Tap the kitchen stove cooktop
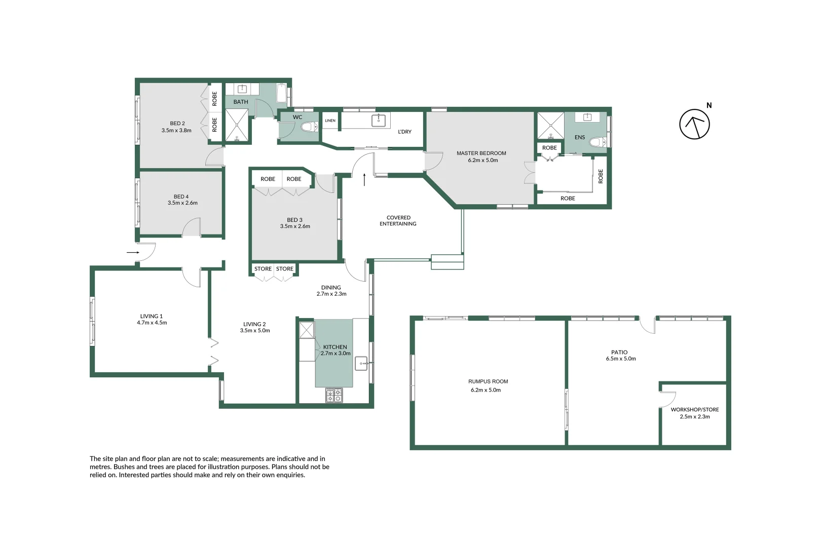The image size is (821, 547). tap(334, 395)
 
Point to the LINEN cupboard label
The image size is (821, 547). tap(330, 121)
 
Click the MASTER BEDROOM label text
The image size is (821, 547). tap(481, 153)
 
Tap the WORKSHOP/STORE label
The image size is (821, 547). tap(694, 409)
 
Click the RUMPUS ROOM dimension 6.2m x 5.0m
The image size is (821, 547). tap(486, 390)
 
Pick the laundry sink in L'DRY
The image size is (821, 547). tap(378, 120)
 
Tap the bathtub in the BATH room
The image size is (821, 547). tap(282, 94)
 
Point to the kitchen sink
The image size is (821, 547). tap(361, 363)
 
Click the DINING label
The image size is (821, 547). tap(331, 287)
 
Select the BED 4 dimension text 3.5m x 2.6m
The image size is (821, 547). tap(182, 203)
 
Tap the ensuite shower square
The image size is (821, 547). tap(550, 126)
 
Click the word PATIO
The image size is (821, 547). tap(619, 352)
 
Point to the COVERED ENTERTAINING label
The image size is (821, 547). tap(398, 220)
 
